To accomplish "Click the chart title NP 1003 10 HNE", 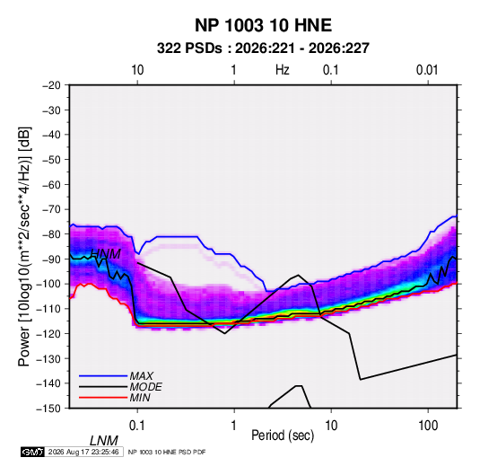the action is click(x=263, y=25).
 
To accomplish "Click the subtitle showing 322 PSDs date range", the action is click(x=263, y=48).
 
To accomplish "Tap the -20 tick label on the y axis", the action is click(x=51, y=85).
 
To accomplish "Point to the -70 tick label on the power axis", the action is click(x=51, y=209).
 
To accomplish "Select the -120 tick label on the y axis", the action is click(x=49, y=334).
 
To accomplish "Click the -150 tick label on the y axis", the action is click(x=49, y=409).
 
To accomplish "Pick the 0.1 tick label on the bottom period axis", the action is click(x=137, y=426).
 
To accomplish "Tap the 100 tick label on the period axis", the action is click(x=428, y=426).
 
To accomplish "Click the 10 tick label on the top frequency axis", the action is click(x=137, y=70).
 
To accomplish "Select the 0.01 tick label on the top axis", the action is click(x=427, y=70).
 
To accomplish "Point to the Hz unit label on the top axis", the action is click(x=283, y=70).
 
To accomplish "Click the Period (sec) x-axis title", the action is click(x=283, y=435).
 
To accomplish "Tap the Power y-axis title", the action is click(x=24, y=247).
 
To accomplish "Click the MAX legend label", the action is click(x=142, y=376).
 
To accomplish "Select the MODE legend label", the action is click(x=145, y=387).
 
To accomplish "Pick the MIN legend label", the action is click(x=140, y=398).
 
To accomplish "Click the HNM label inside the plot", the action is click(x=106, y=254).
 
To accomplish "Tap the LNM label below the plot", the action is click(x=104, y=441).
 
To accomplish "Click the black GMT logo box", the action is click(x=33, y=452).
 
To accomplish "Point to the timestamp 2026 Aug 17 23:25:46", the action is click(x=83, y=452).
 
